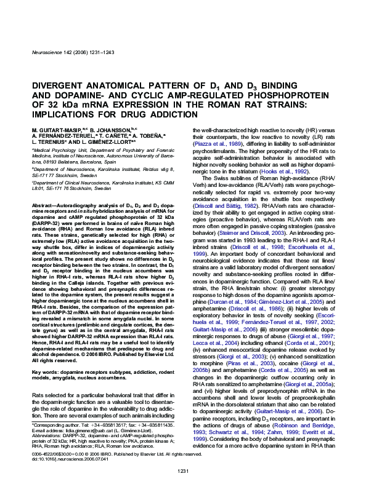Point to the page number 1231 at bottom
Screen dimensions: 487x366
coord(182,470)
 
